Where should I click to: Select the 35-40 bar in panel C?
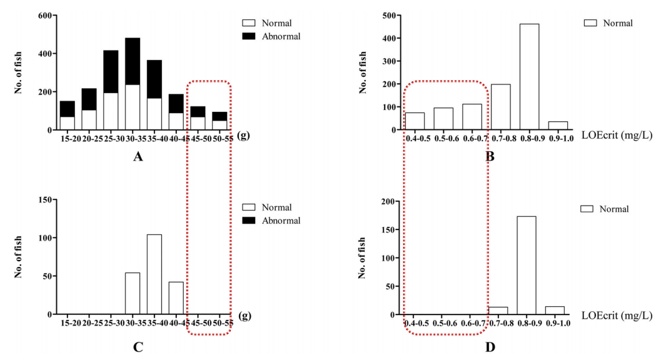(x=154, y=274)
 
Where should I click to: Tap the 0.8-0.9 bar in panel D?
(x=526, y=265)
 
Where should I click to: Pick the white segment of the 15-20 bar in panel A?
(x=68, y=123)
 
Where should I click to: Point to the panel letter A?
(x=138, y=157)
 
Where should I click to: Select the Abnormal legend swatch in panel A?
(x=249, y=36)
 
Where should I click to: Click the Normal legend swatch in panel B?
(x=591, y=23)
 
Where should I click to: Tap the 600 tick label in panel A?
(x=43, y=15)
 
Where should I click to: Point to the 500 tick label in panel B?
(x=387, y=15)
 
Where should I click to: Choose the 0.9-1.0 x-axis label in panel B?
(x=558, y=137)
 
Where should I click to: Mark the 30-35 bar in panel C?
(x=133, y=293)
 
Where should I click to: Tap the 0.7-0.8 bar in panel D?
(x=498, y=311)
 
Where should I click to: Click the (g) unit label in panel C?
(x=245, y=316)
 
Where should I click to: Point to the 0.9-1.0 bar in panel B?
(x=558, y=126)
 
